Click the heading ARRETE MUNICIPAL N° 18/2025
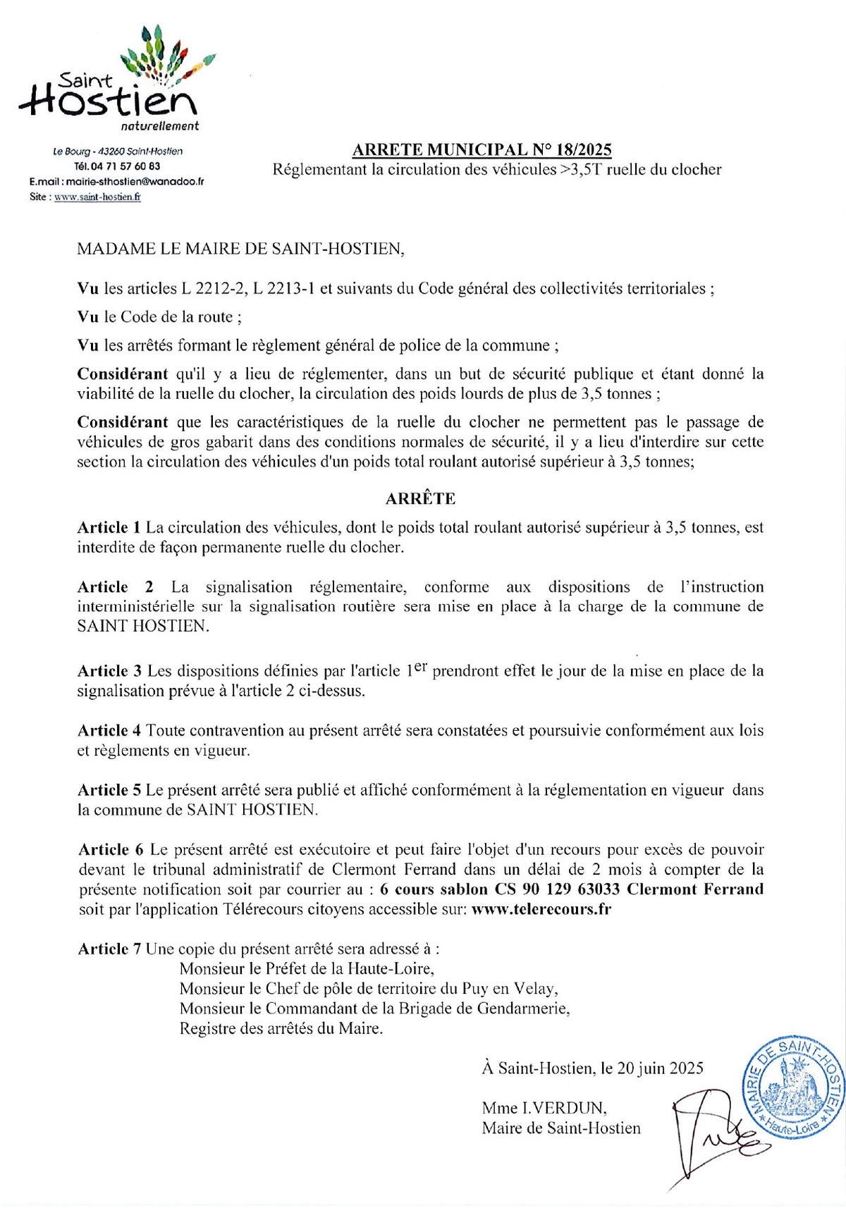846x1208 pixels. (x=482, y=149)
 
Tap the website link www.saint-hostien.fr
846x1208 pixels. (x=97, y=197)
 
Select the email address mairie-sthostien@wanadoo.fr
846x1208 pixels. (x=135, y=181)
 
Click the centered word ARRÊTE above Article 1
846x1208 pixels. (x=420, y=498)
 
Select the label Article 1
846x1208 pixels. (x=109, y=527)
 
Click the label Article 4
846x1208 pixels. (x=109, y=730)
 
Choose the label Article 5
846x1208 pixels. (x=109, y=790)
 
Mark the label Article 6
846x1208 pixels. (x=111, y=849)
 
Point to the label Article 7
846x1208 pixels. (x=109, y=949)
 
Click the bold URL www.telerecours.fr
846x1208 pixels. (x=541, y=909)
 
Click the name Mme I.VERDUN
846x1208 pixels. (x=544, y=1107)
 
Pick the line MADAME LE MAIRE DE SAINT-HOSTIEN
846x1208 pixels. (x=241, y=249)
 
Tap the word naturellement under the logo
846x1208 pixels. (x=160, y=126)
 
